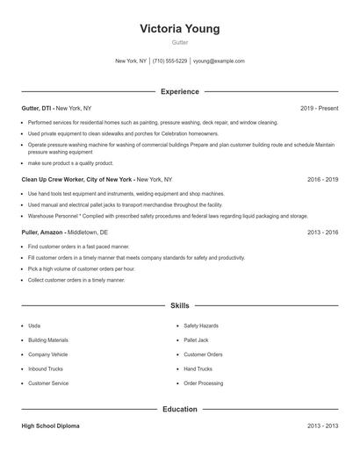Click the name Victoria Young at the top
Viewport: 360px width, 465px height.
[x=179, y=29]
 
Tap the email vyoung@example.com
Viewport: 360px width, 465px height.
[x=219, y=61]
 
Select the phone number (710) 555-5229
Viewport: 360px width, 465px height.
[x=169, y=61]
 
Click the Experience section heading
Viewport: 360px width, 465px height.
[x=179, y=91]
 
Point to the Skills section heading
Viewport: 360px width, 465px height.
[x=179, y=305]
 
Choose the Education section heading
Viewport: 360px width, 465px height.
[x=179, y=409]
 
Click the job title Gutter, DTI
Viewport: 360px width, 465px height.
[x=37, y=108]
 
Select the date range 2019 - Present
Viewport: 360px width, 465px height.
[x=319, y=108]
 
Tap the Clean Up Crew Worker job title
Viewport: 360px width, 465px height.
[x=77, y=179]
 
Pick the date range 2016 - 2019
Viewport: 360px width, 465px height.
[x=322, y=179]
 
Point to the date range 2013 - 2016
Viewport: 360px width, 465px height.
[x=322, y=232]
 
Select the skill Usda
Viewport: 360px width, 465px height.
[x=34, y=325]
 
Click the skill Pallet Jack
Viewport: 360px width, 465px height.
[x=196, y=340]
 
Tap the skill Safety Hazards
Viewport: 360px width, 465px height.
[x=201, y=325]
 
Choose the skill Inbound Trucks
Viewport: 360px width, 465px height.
[x=46, y=368]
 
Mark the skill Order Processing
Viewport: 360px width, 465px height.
[x=203, y=383]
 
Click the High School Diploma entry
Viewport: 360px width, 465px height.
[x=50, y=426]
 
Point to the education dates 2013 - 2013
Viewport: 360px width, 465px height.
[x=322, y=426]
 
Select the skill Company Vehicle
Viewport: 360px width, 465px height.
[x=47, y=354]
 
